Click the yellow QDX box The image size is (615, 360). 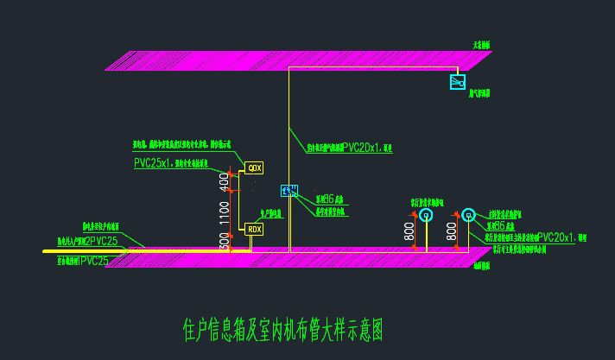[254, 167]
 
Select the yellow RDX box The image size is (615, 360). [254, 229]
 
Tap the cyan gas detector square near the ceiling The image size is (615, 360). [458, 82]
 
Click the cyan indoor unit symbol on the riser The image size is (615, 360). [289, 191]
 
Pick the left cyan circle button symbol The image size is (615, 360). [426, 215]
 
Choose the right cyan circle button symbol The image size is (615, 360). [468, 214]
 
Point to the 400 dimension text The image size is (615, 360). [225, 180]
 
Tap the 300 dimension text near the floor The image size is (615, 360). [225, 243]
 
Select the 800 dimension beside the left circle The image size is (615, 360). [409, 231]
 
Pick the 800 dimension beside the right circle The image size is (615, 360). [452, 231]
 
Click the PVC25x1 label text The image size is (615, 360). [153, 162]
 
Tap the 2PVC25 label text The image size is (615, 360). [102, 241]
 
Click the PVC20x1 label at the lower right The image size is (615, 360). [556, 237]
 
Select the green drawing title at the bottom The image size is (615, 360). [282, 329]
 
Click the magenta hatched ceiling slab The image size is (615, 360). [294, 60]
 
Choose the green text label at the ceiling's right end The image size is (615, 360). [481, 45]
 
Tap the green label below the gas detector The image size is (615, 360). [479, 94]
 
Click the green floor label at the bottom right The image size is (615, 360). [481, 266]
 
